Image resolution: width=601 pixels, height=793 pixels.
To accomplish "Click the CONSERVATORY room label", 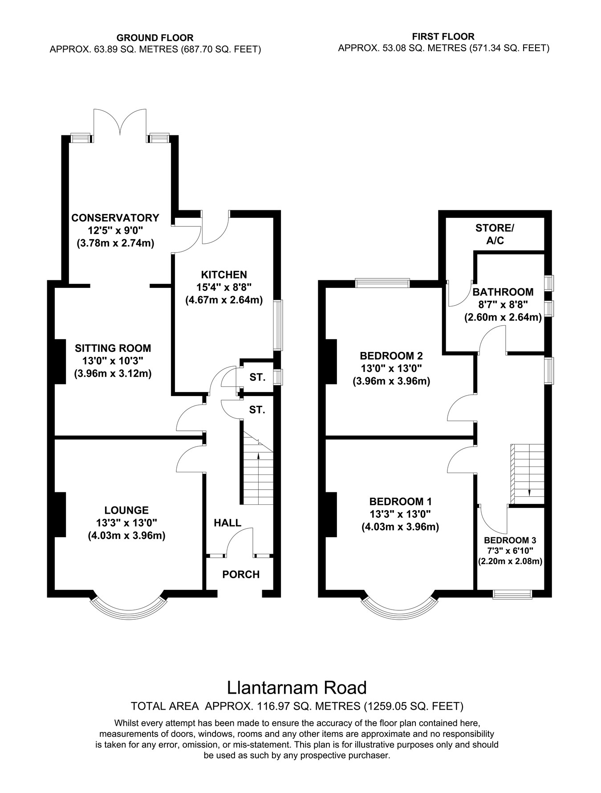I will [115, 218].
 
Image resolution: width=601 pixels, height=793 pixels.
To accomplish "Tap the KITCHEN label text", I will [224, 274].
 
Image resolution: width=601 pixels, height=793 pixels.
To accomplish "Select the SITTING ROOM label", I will [113, 348].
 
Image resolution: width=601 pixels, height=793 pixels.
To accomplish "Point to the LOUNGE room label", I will [126, 510].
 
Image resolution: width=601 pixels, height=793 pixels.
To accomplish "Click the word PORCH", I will [241, 575].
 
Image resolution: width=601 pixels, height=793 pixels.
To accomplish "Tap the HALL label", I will [227, 523].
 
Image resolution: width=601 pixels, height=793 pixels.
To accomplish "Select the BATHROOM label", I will [503, 292].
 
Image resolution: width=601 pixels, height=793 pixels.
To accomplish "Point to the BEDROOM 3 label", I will [510, 540].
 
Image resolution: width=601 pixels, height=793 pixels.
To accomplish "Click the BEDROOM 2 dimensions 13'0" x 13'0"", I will [391, 368].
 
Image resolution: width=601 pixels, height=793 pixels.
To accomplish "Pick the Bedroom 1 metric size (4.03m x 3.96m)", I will [400, 527].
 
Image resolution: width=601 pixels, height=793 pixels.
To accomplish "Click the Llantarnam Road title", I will [297, 687].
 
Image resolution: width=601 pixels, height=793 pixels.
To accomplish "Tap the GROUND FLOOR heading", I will [155, 38].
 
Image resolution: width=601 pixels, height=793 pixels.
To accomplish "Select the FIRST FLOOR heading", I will [443, 37].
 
